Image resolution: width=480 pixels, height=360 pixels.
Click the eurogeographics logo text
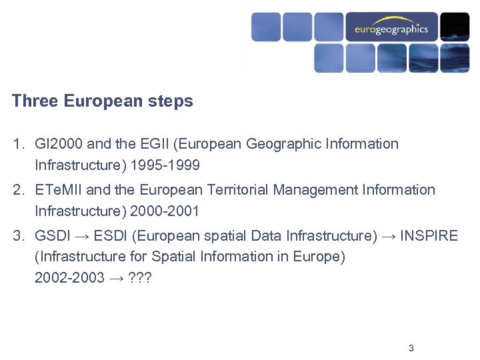coord(391,29)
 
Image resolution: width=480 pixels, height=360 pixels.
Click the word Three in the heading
coord(35,101)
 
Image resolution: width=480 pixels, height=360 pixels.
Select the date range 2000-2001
coord(166,211)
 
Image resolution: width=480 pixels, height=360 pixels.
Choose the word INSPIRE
coord(429,236)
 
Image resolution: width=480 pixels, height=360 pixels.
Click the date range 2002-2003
coord(69,278)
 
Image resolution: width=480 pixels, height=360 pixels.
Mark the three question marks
coord(141,278)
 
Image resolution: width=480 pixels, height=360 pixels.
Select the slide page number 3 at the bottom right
coord(411,348)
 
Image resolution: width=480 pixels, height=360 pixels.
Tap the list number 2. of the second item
coord(18,190)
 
